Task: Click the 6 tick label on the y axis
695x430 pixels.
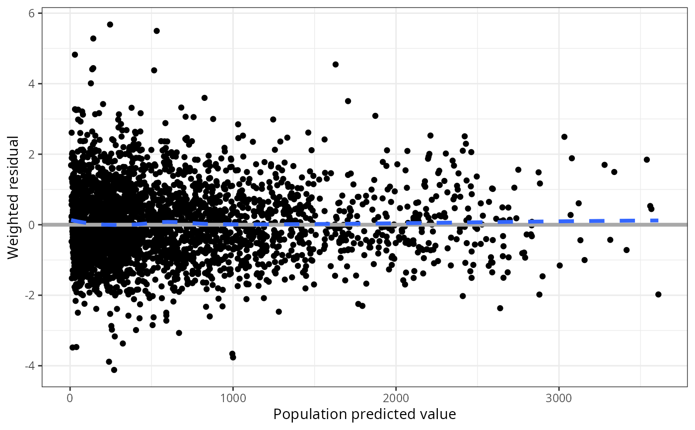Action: (31, 13)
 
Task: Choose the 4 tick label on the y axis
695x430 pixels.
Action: (31, 84)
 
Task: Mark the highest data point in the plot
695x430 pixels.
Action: (110, 24)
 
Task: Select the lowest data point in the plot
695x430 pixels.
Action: (114, 370)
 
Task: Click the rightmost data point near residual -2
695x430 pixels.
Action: (658, 294)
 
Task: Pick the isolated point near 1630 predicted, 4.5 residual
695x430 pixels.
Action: (336, 64)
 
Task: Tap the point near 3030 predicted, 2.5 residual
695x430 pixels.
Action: (564, 137)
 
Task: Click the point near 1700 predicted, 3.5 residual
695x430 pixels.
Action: (348, 101)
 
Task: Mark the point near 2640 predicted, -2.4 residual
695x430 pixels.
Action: (500, 308)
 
